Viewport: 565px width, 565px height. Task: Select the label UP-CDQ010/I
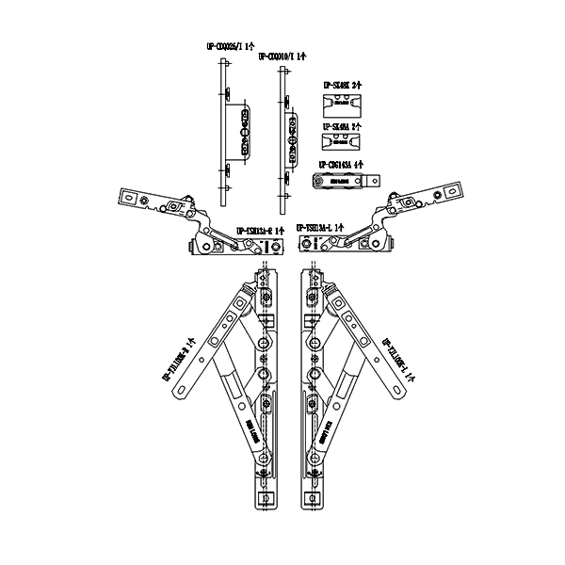point(280,56)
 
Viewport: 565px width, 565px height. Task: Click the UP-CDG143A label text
point(339,163)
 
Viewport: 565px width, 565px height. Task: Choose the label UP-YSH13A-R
point(260,228)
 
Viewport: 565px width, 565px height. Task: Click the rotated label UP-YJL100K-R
point(176,362)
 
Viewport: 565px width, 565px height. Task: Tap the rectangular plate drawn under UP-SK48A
point(342,141)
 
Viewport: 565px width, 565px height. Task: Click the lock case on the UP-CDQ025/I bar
point(243,131)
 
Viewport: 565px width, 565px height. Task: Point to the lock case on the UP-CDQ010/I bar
point(292,134)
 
